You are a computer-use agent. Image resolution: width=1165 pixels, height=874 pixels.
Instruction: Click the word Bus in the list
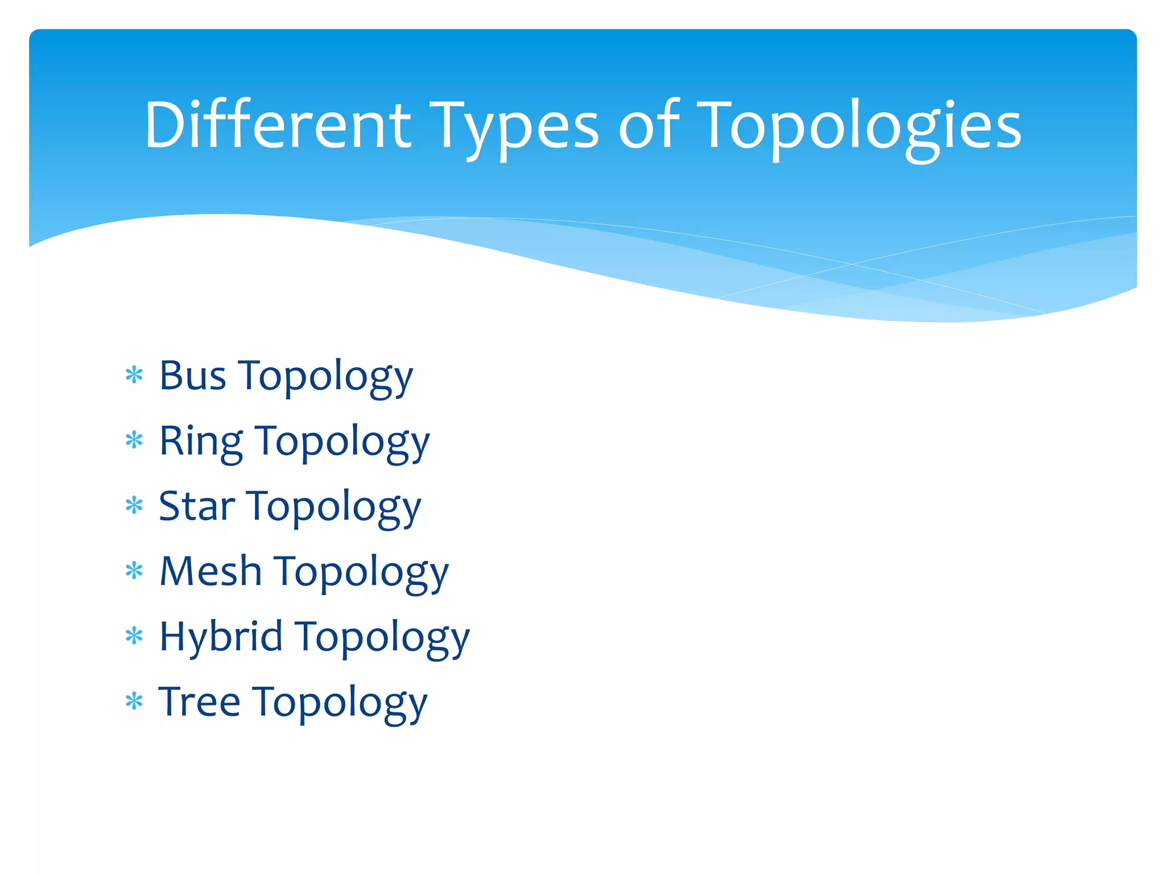(x=192, y=376)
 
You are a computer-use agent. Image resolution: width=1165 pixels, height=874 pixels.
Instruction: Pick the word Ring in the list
(x=201, y=442)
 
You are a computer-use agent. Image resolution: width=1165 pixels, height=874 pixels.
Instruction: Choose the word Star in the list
(x=197, y=506)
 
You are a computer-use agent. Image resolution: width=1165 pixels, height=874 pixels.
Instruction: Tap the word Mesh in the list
(x=210, y=571)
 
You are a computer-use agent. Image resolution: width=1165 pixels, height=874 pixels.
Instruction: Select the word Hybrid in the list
(x=221, y=637)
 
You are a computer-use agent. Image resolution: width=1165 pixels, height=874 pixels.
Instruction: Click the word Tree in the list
(x=199, y=702)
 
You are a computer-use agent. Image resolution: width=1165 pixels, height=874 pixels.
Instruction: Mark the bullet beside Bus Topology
(x=134, y=376)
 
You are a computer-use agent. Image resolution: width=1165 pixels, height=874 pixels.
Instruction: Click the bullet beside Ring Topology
(x=134, y=440)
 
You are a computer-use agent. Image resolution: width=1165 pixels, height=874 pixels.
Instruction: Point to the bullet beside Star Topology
(x=134, y=505)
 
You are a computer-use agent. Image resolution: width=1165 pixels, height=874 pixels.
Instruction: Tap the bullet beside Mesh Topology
(x=134, y=571)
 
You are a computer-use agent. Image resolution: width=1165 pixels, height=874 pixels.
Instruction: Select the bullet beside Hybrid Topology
(x=134, y=636)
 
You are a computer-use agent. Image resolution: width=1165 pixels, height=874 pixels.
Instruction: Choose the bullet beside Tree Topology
(x=134, y=702)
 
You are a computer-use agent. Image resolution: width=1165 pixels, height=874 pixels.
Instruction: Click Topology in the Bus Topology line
(x=325, y=378)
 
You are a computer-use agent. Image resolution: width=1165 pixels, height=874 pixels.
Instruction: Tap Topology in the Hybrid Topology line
(x=383, y=638)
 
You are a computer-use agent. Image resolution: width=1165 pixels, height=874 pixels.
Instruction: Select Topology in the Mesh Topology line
(x=361, y=573)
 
